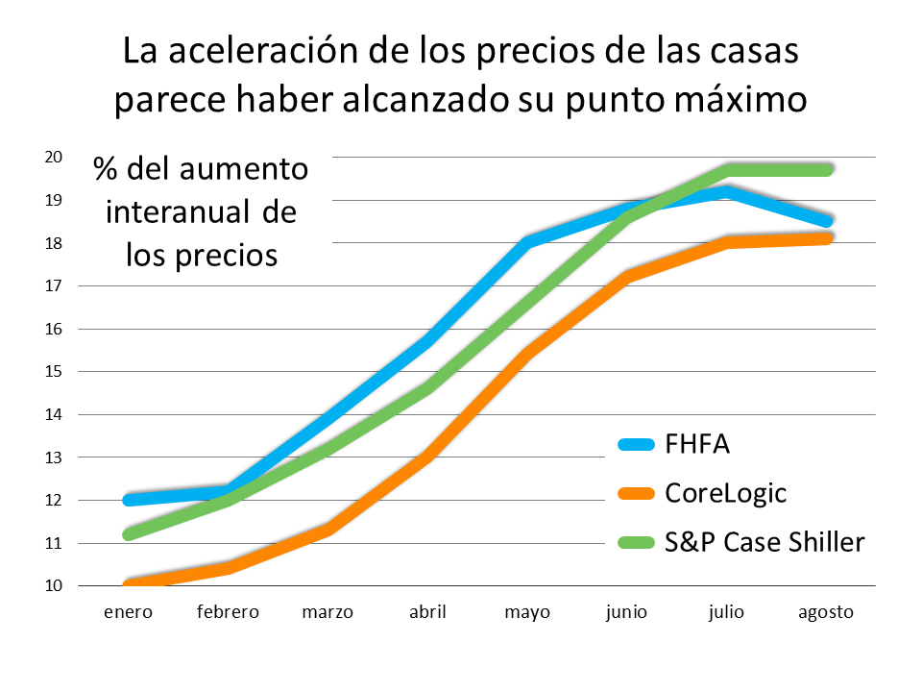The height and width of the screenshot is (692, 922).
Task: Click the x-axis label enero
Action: coord(129,612)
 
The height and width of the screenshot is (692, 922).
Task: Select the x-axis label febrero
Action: coord(229,612)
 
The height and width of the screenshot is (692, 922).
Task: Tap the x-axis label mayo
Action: coord(527,612)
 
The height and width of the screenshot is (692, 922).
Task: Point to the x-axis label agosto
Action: coord(826,612)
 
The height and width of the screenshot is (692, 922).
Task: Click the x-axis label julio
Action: coord(727,612)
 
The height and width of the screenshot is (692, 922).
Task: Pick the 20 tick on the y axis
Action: coord(54,157)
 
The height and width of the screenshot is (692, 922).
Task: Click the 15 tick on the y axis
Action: coord(54,371)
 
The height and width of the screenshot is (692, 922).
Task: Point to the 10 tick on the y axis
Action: coord(54,585)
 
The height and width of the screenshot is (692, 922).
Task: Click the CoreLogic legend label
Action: coord(725,494)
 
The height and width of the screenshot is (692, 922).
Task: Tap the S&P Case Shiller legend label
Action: coord(764,542)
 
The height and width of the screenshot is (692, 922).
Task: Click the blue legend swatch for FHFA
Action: coord(636,445)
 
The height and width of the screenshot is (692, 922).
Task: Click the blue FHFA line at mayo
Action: coord(527,242)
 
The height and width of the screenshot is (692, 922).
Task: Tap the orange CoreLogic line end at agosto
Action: coord(826,237)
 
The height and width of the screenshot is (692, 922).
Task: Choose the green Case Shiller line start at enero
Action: coord(129,534)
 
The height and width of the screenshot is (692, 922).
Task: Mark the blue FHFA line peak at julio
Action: coord(727,191)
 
